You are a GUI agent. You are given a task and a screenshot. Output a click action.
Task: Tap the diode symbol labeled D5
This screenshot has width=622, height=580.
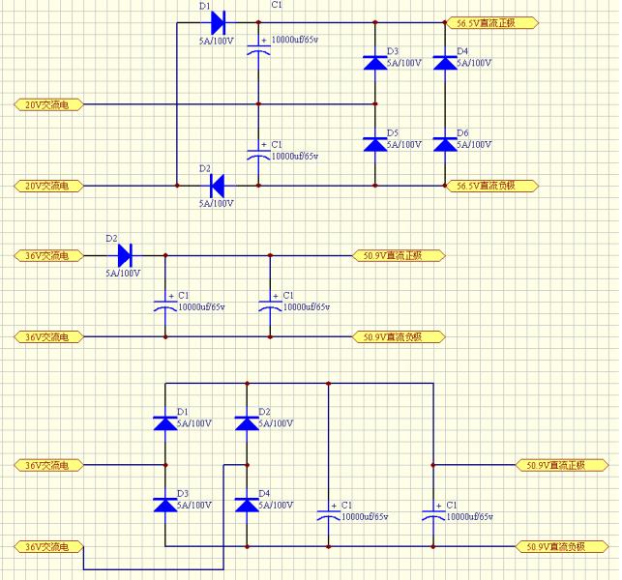coord(374,144)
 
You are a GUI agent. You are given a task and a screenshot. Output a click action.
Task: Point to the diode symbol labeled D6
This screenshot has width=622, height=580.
coord(444,144)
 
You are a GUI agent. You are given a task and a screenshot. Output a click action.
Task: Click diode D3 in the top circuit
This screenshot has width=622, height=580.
coord(374,63)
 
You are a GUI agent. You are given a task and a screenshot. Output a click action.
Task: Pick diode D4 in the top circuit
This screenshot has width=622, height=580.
coord(444,63)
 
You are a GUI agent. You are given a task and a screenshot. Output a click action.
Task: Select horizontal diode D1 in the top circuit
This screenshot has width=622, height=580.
coord(217,21)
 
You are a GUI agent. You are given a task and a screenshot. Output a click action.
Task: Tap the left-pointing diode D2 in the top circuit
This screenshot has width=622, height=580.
coord(217,185)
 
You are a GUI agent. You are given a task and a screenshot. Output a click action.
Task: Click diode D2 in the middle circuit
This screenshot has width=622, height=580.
coord(124,255)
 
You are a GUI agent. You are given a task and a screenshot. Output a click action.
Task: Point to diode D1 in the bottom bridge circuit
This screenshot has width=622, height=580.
coord(165,422)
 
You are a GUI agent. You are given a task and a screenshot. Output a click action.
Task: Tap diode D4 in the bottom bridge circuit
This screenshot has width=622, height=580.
coord(247,505)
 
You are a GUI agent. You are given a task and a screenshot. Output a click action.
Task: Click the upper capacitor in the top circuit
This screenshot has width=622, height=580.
coord(257,48)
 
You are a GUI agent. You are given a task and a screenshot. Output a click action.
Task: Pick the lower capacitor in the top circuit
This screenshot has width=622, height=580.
coord(257,152)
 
